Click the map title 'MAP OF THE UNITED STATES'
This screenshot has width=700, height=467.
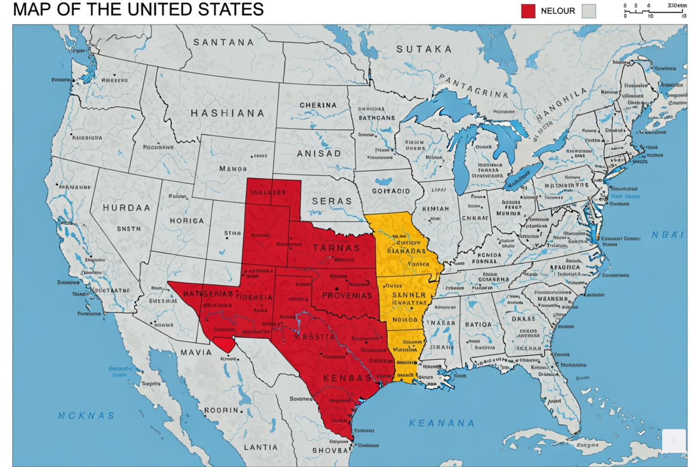point(138,10)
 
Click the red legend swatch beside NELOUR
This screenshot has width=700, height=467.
point(528,11)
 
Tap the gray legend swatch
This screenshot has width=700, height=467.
point(589,11)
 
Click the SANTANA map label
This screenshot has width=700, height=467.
point(223,42)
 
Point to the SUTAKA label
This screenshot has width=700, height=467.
point(424,49)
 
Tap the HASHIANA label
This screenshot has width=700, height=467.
point(227,113)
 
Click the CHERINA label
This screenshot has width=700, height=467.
point(318,105)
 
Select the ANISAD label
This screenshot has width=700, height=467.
point(319,154)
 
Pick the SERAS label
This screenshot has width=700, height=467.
point(332,201)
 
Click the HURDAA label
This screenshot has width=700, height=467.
point(126,208)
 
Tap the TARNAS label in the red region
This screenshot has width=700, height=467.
point(336,248)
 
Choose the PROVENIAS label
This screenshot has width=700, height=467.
point(347,296)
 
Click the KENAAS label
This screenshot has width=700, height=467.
point(347,378)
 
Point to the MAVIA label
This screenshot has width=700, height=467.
point(196,353)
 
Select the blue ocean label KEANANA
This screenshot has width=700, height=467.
point(441,423)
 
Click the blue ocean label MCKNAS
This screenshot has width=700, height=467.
point(86,416)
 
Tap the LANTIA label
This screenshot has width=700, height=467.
point(260,447)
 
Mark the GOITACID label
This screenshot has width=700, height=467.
point(391,191)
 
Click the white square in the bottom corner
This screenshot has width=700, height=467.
point(674,441)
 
